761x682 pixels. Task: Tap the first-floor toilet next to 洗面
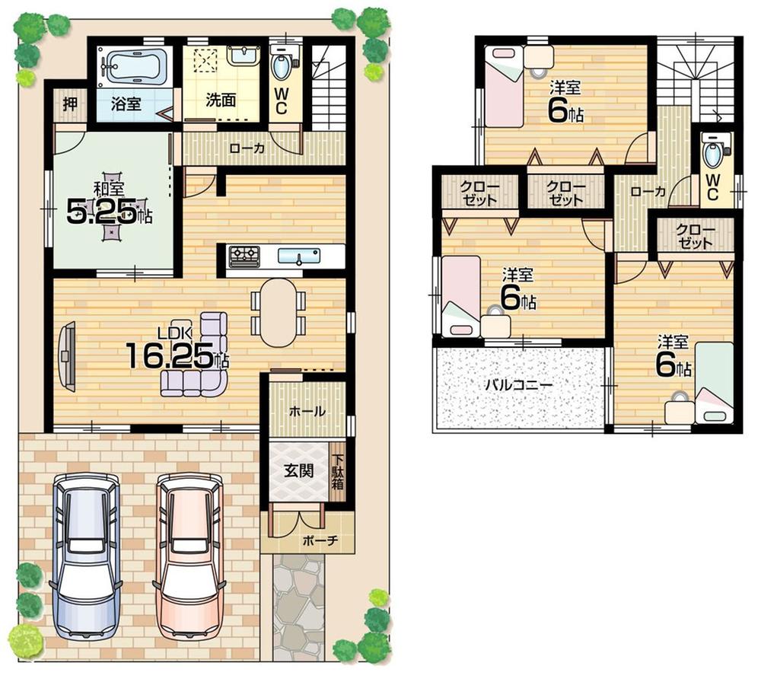click(281, 64)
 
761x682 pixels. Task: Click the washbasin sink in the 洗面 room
click(241, 56)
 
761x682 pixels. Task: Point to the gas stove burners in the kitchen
click(244, 256)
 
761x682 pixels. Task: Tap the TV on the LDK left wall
click(68, 357)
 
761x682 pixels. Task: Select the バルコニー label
click(519, 384)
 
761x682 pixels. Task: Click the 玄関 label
click(298, 470)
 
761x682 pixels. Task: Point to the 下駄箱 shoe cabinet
click(336, 472)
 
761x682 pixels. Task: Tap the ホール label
click(307, 411)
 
